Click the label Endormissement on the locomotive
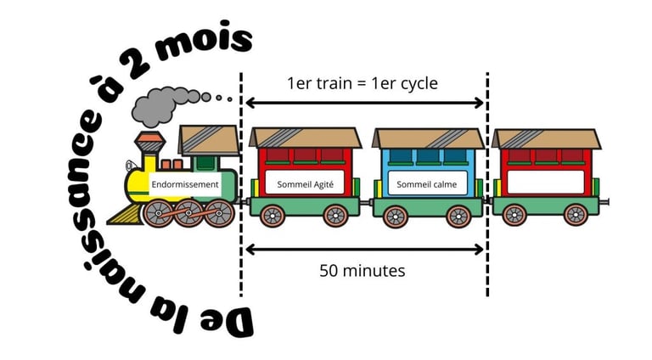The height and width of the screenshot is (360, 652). (185, 183)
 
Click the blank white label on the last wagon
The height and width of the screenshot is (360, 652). (546, 183)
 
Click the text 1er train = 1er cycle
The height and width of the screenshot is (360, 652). (363, 83)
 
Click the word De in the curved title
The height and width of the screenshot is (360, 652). (232, 318)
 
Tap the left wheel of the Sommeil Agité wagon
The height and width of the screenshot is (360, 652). (272, 217)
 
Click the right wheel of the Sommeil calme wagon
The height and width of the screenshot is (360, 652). (459, 217)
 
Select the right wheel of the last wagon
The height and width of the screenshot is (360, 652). (576, 215)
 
